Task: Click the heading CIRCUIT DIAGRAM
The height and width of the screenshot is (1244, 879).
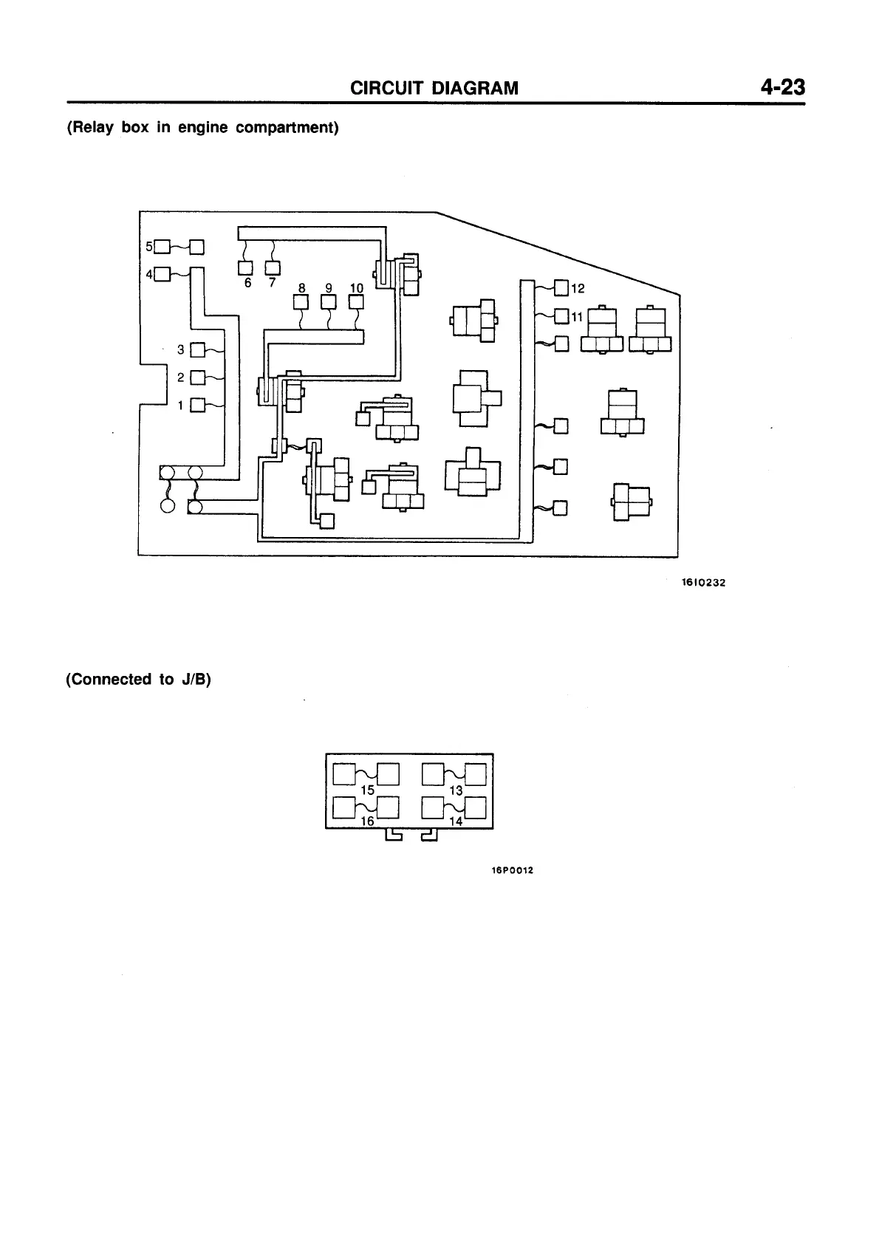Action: coord(434,89)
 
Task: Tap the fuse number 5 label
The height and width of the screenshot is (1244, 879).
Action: coord(148,246)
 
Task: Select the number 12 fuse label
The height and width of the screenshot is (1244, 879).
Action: coord(578,288)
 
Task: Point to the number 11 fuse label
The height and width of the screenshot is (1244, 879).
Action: coord(577,317)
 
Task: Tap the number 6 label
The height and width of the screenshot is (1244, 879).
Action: coord(248,283)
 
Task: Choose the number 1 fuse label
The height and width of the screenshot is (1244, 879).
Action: coord(182,405)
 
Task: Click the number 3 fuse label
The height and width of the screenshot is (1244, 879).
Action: coord(182,349)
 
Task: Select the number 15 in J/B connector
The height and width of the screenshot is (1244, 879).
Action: coord(367,790)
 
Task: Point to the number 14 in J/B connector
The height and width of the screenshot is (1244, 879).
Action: coord(456,821)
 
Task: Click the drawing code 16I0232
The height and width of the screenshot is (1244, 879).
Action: coord(703,583)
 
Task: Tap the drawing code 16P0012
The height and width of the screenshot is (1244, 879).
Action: coord(512,870)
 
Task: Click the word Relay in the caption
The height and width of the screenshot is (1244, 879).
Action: coord(92,128)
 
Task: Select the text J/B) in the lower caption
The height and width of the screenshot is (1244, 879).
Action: coord(196,680)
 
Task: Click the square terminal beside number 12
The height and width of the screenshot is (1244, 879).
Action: coord(561,288)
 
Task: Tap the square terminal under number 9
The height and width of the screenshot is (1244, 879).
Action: coord(329,302)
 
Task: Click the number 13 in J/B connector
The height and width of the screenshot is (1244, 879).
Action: coord(456,790)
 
